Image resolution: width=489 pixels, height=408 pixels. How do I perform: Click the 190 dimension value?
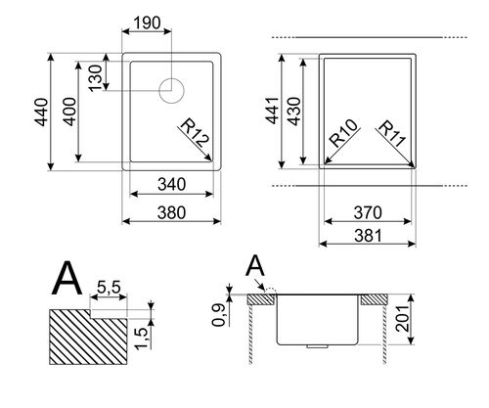pyautogui.click(x=148, y=23)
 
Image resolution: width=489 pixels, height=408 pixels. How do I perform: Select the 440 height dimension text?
pyautogui.click(x=42, y=112)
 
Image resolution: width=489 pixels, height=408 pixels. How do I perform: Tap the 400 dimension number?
pyautogui.click(x=70, y=112)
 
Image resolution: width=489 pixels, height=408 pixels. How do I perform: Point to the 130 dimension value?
pyautogui.click(x=96, y=78)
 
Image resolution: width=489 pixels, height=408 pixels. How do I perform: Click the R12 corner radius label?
pyautogui.click(x=195, y=134)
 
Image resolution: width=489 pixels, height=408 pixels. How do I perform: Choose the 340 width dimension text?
pyautogui.click(x=171, y=184)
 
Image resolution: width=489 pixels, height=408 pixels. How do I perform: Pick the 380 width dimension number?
pyautogui.click(x=171, y=212)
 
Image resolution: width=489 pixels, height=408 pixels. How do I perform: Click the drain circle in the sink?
pyautogui.click(x=171, y=91)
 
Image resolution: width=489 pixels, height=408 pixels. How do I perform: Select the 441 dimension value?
pyautogui.click(x=273, y=111)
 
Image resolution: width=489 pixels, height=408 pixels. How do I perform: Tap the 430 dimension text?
pyautogui.click(x=295, y=112)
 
